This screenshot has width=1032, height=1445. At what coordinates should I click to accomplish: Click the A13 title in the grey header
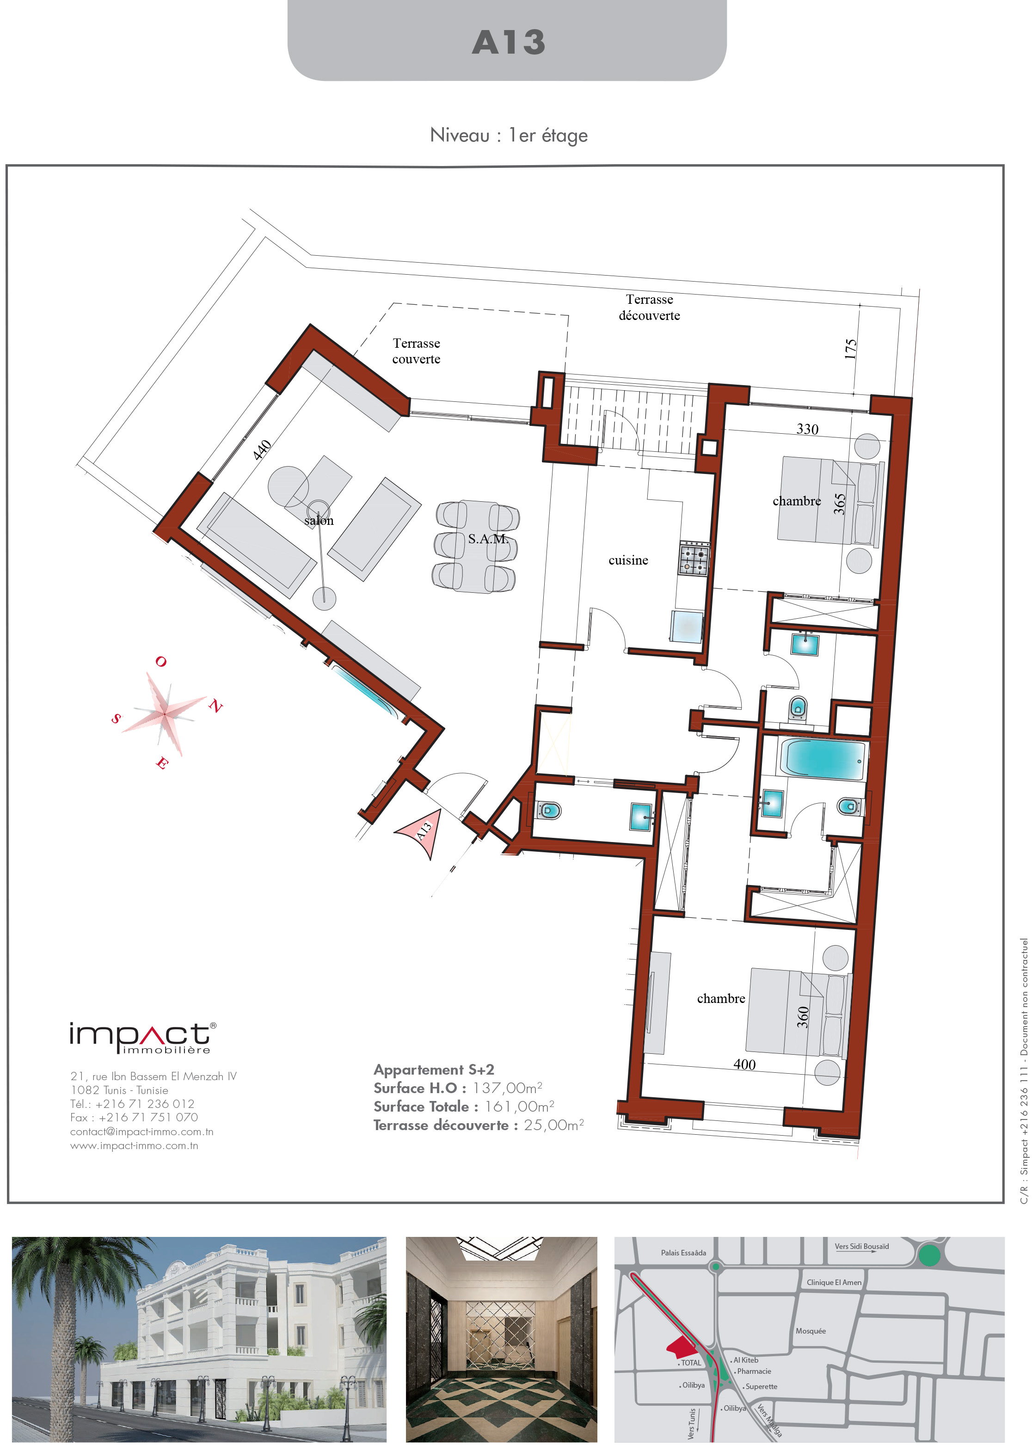pos(509,43)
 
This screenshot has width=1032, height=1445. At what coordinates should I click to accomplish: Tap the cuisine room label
pos(628,560)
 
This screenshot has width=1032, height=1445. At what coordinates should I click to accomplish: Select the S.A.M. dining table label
pos(488,539)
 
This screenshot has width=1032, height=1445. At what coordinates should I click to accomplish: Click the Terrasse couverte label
pos(416,351)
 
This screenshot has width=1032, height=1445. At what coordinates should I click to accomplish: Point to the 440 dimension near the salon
pos(262,449)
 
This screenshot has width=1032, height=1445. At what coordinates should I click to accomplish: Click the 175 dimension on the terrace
pos(850,349)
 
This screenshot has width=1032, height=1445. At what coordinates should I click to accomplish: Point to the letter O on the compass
pos(161,662)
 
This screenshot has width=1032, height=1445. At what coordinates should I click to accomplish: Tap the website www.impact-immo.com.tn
pos(134,1146)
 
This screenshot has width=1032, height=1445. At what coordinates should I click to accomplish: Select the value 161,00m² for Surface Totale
pos(519,1107)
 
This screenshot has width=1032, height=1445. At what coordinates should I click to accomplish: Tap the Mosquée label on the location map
pos(811,1331)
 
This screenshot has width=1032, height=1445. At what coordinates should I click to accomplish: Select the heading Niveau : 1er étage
pos(509,135)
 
